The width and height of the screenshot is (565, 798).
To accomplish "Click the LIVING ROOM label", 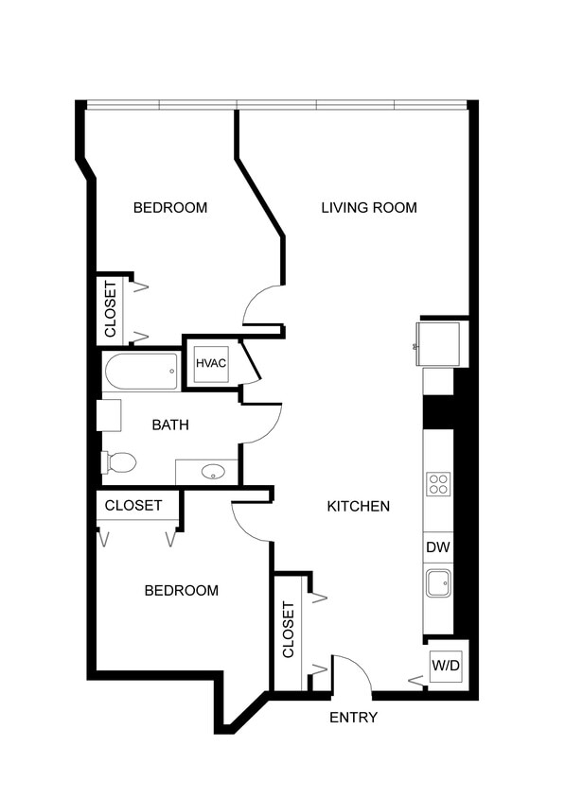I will (368, 208).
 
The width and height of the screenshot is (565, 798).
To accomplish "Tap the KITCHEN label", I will (358, 506).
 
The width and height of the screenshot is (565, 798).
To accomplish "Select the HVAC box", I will (211, 363).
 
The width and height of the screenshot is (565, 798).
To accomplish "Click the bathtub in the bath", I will (141, 372).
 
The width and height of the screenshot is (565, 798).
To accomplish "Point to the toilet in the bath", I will (119, 462).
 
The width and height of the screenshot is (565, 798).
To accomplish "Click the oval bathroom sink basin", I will (213, 471).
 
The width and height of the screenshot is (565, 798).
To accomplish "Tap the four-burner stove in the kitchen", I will (438, 484).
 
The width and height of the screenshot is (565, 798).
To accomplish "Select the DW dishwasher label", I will (437, 546).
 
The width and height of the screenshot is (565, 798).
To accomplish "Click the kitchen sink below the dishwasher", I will (438, 583).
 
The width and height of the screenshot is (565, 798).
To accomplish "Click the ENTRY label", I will (353, 718).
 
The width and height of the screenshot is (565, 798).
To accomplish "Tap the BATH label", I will (170, 425).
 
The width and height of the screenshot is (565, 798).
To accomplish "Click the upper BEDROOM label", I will (169, 208).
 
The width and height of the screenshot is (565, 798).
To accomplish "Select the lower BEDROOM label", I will (181, 591).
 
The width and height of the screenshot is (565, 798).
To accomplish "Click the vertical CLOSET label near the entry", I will (289, 630).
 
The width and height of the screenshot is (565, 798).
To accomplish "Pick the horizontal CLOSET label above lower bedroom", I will (133, 506).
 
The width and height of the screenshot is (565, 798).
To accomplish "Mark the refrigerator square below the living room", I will (438, 342).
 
